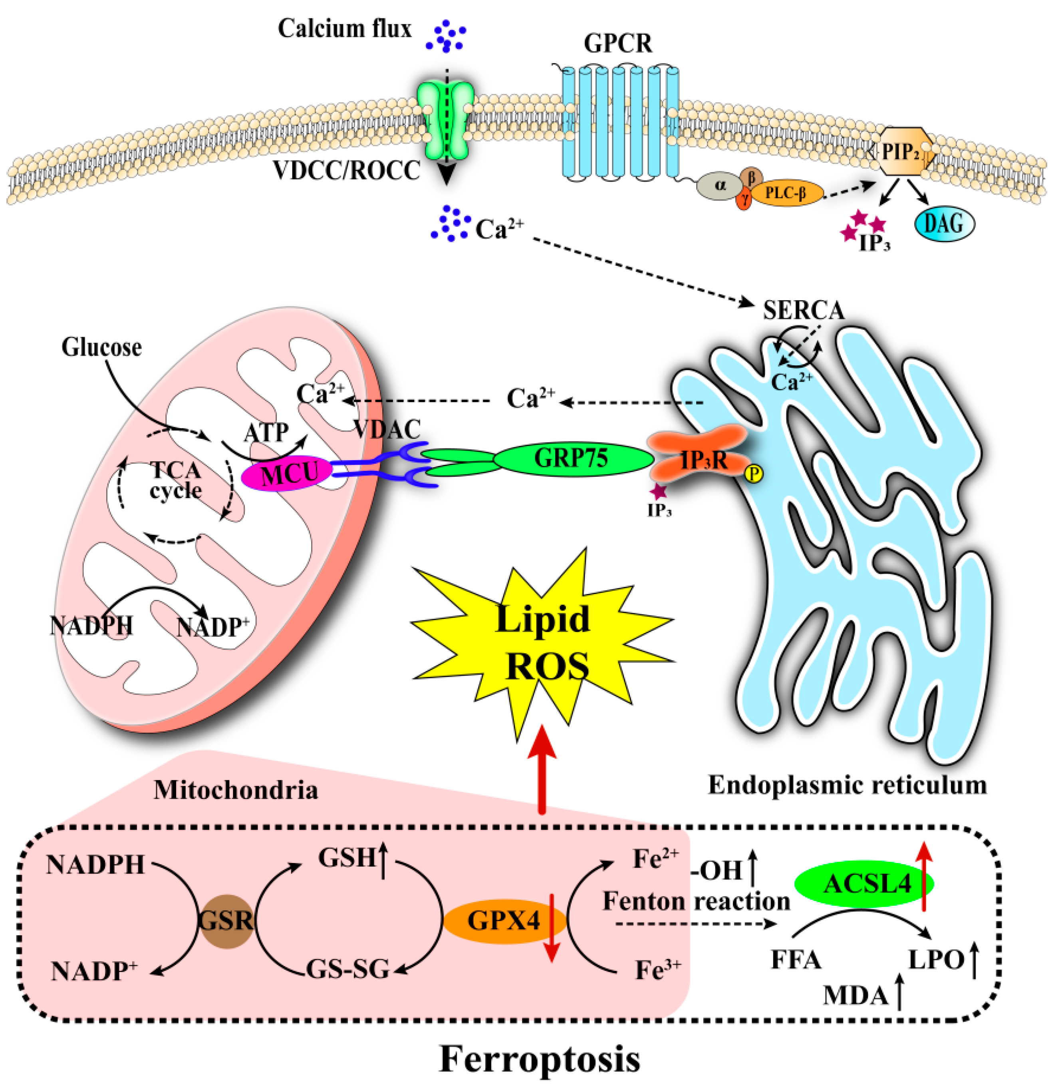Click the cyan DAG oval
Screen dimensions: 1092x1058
pyautogui.click(x=945, y=224)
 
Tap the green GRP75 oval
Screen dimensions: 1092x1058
pyautogui.click(x=574, y=458)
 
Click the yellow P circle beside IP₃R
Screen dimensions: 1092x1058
pyautogui.click(x=753, y=474)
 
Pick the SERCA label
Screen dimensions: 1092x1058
pyautogui.click(x=803, y=310)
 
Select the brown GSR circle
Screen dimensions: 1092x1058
pyautogui.click(x=226, y=921)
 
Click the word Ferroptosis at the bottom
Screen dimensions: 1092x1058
pyautogui.click(x=540, y=1058)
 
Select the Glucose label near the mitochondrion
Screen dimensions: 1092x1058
pyautogui.click(x=101, y=347)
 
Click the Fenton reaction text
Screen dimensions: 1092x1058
pyautogui.click(x=696, y=901)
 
